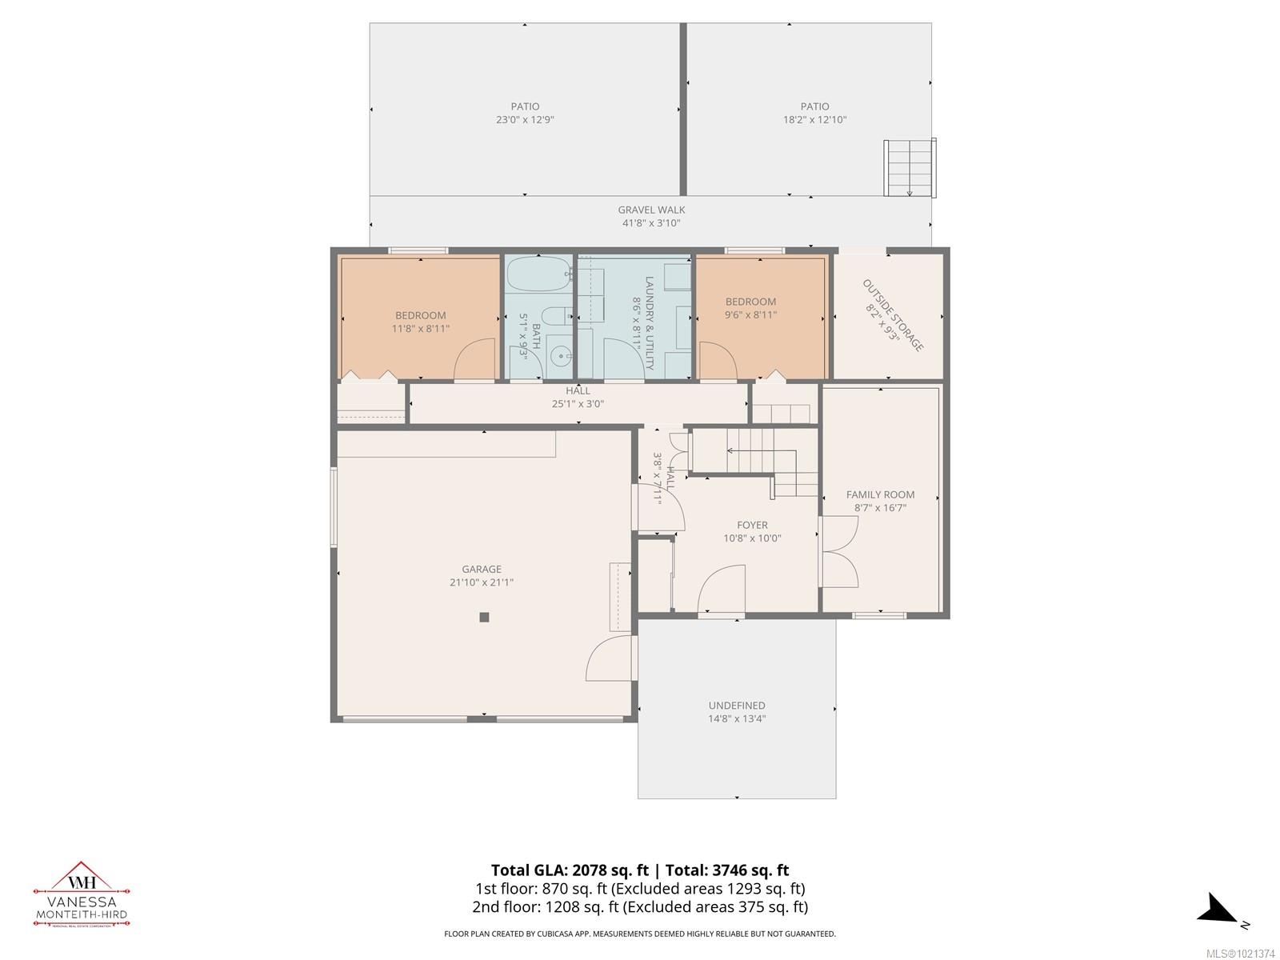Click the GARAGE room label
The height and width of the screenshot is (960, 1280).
[481, 570]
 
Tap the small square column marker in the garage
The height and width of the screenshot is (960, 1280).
[484, 617]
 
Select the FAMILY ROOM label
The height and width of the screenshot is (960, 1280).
[880, 494]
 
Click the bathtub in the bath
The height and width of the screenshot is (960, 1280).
[538, 275]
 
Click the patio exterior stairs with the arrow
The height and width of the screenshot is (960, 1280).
[910, 167]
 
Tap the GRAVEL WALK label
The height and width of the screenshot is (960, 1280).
[651, 210]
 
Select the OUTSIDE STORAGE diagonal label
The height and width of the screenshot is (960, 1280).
[893, 315]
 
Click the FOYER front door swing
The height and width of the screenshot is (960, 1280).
[721, 589]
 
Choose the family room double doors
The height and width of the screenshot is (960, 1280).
[840, 552]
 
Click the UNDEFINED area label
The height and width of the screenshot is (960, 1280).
[736, 706]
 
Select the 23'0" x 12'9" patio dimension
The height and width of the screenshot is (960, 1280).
[525, 120]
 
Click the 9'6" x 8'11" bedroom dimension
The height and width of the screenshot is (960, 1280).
[750, 315]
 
